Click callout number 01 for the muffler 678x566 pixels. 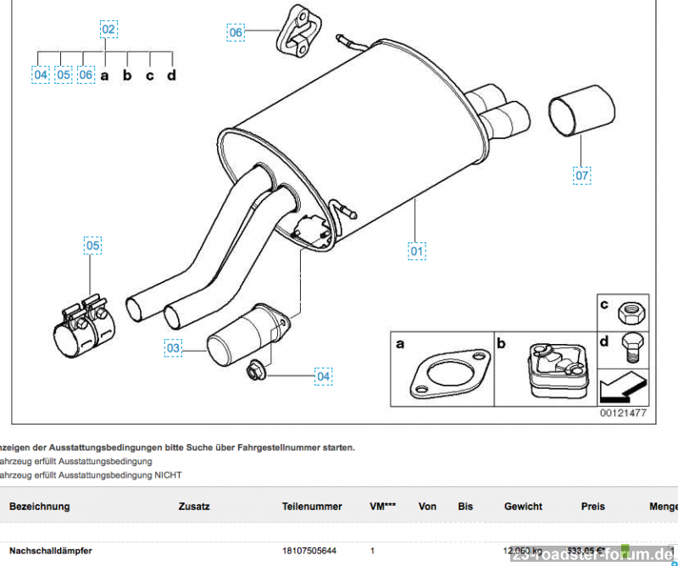point(417,251)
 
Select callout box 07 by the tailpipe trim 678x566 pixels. point(581,175)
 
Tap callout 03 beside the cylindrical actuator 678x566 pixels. point(173,347)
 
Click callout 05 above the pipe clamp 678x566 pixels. point(92,247)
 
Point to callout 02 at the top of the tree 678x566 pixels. point(108,29)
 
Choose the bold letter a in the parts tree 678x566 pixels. point(105,75)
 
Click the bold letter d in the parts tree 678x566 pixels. point(171,75)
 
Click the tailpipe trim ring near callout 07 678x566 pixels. point(575,114)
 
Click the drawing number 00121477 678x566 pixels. point(623,413)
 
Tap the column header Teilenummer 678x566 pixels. point(312,507)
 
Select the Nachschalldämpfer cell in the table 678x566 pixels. point(51,551)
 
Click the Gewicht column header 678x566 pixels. point(523,507)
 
